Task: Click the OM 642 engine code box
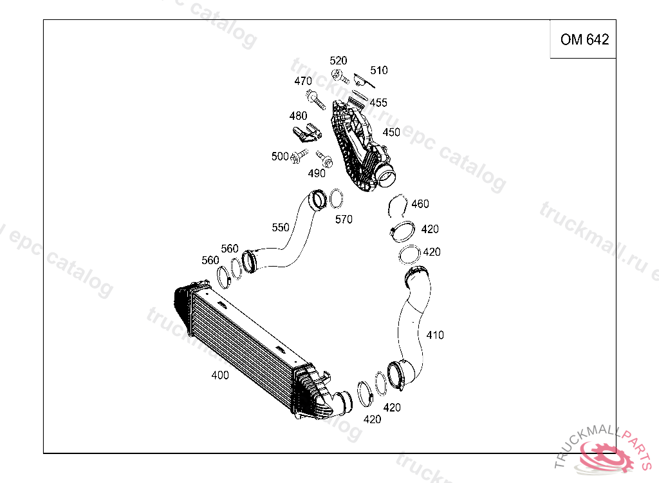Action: tap(584, 40)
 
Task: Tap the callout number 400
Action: tap(220, 375)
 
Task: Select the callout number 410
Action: tap(435, 335)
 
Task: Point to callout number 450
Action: tap(391, 132)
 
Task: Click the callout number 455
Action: tap(378, 103)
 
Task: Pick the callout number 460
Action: tap(420, 204)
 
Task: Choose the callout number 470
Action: tap(303, 81)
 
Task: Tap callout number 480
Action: tap(298, 116)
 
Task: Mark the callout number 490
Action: tap(317, 173)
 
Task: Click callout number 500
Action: tap(280, 156)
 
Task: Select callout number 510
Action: tap(379, 70)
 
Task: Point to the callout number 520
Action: tap(339, 61)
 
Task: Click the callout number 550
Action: tap(281, 227)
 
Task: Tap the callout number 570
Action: tap(344, 220)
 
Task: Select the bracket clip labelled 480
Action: tap(307, 133)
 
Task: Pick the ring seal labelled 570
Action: tap(336, 199)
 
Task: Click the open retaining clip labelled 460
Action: tap(399, 205)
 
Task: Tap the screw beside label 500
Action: tap(298, 156)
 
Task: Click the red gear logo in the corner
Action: tap(606, 456)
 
